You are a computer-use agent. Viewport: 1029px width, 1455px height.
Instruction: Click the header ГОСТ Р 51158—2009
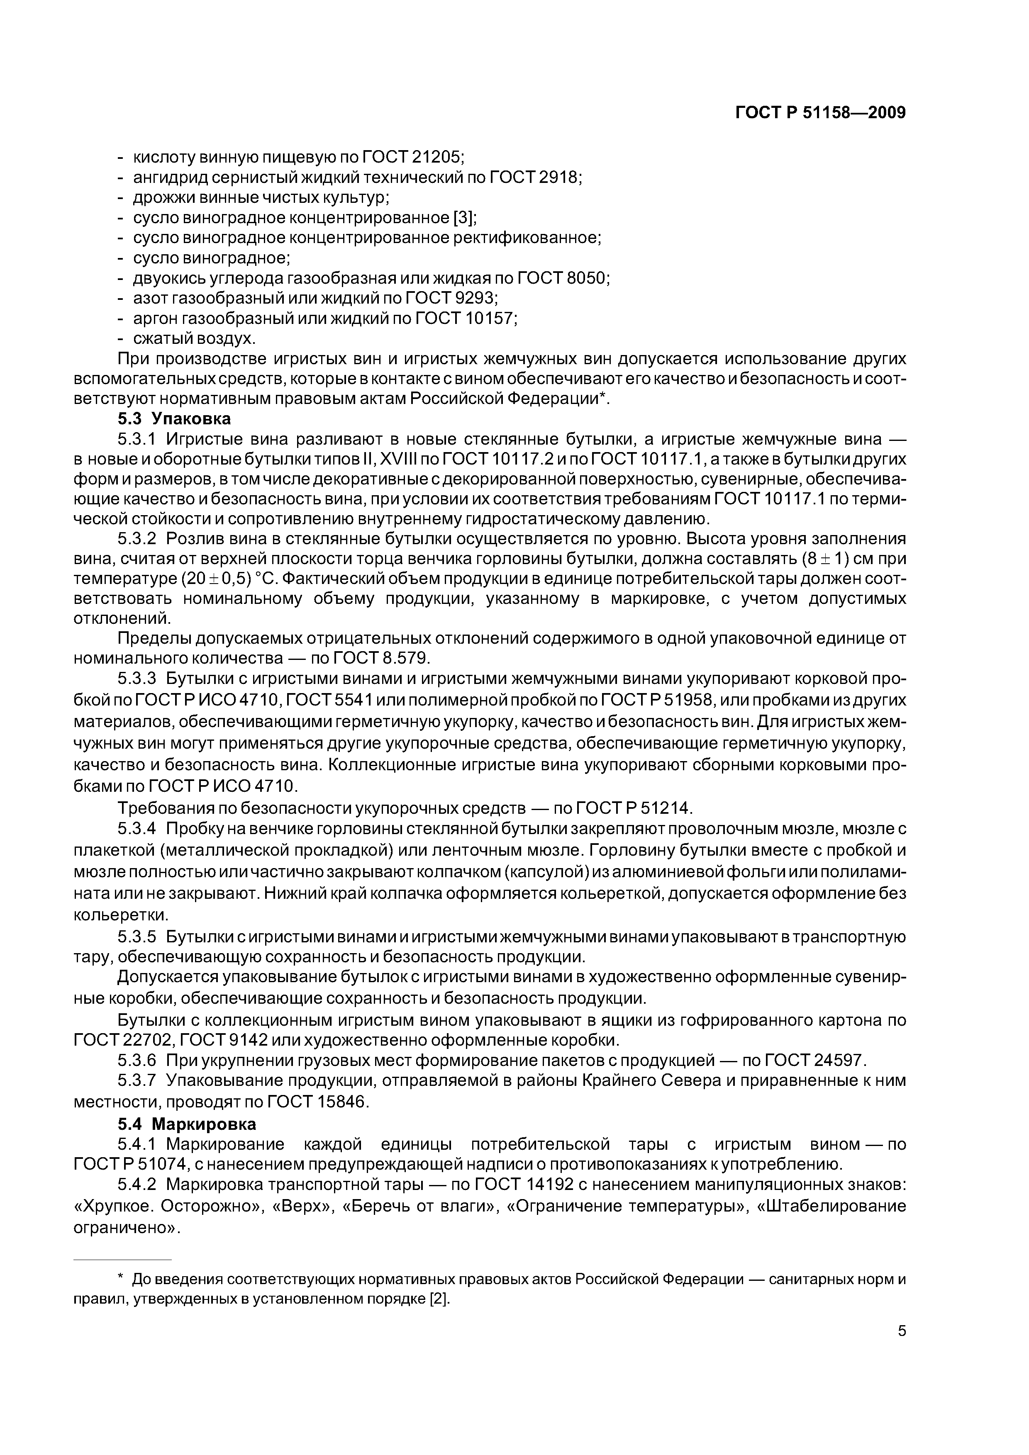tap(820, 113)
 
